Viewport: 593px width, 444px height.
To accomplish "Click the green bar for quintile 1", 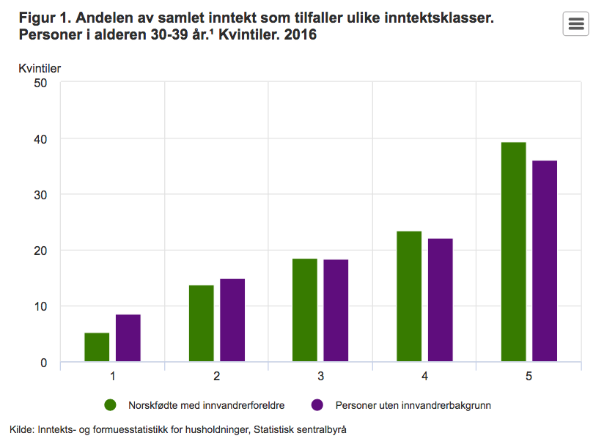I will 97,347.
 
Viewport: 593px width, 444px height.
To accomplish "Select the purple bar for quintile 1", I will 128,338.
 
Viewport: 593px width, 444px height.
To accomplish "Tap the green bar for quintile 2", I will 201,323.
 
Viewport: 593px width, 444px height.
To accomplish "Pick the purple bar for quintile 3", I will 336,311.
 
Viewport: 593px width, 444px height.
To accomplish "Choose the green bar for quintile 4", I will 409,297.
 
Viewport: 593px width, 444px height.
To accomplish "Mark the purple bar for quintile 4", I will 440,300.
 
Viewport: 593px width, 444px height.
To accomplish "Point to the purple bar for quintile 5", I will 544,261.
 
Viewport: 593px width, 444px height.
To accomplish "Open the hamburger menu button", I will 575,24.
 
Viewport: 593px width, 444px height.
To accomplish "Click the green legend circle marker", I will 111,404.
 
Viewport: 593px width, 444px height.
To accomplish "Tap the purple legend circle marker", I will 318,404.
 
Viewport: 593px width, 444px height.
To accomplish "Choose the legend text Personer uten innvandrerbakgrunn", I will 413,405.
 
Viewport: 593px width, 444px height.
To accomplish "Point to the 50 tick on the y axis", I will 40,83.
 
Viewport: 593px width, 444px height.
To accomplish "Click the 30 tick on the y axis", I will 40,195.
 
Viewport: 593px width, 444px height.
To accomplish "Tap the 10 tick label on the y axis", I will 40,306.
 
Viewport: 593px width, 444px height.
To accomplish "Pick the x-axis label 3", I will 321,377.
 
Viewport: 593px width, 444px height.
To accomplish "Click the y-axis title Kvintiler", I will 40,68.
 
